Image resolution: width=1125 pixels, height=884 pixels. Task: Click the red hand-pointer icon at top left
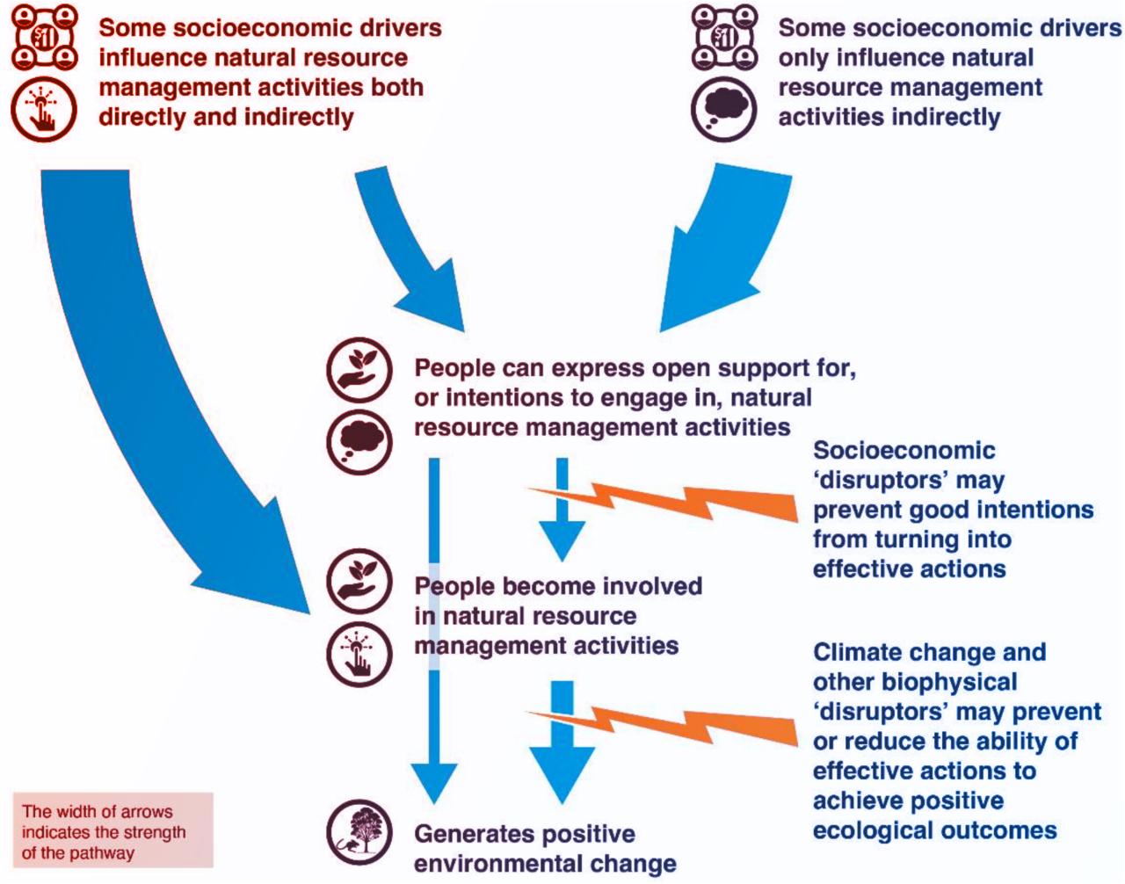(x=43, y=109)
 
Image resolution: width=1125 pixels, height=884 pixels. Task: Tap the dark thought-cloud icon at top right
(x=724, y=109)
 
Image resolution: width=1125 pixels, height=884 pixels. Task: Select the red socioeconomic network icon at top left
(x=43, y=37)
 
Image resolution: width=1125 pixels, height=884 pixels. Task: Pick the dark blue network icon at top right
(x=724, y=37)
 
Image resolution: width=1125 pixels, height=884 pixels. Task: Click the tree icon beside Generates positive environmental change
(x=359, y=831)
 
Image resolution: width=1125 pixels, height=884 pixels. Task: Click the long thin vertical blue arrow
(x=434, y=615)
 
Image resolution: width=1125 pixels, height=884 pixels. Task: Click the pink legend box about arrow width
(x=112, y=830)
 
